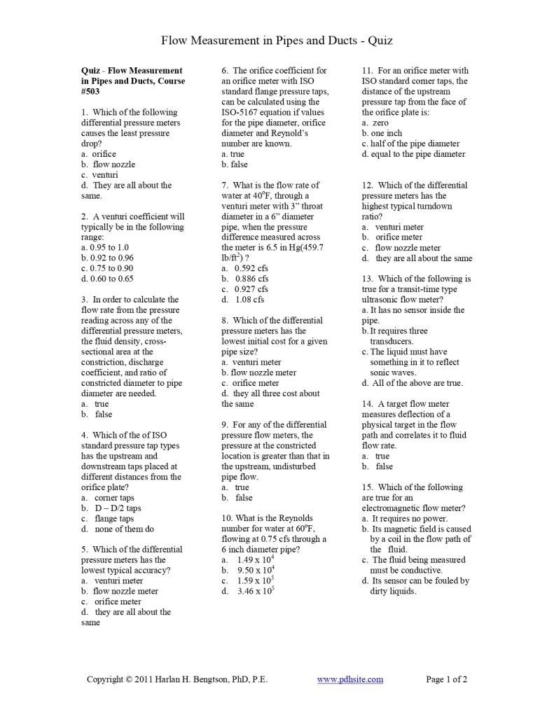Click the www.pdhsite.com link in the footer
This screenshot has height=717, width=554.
pos(350,679)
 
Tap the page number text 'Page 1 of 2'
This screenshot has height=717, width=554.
pos(446,679)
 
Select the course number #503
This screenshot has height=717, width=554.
pos(90,91)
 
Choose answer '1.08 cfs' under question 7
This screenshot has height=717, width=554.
pos(249,300)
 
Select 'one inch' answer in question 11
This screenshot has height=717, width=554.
pos(386,133)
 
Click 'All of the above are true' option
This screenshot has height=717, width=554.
pos(416,383)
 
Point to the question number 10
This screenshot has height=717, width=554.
pos(226,518)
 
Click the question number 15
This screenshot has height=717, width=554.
pos(367,487)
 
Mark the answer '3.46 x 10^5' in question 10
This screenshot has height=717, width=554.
pos(256,592)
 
